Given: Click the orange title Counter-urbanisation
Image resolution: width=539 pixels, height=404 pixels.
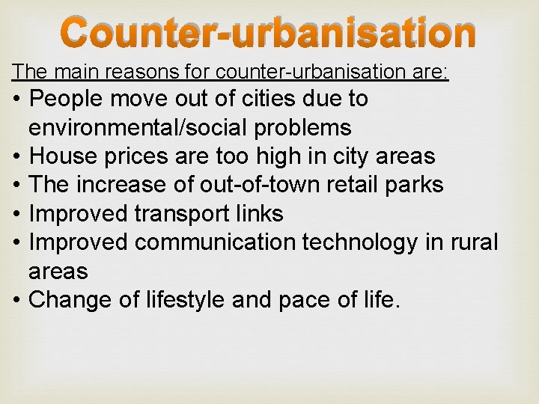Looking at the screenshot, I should [268, 34].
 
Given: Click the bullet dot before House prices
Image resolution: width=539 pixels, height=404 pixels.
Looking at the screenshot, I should [16, 156].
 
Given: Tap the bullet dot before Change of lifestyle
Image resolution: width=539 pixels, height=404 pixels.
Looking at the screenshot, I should [16, 300].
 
